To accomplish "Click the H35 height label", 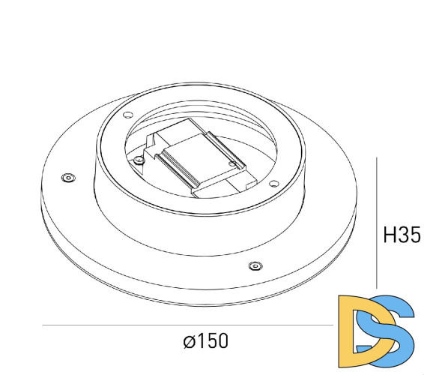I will click(401, 235).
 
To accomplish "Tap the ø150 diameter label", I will click(205, 341).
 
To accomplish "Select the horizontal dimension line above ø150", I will click(187, 325).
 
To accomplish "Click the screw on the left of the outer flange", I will click(68, 177).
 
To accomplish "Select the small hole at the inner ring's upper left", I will click(127, 114).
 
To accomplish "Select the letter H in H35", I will click(388, 235).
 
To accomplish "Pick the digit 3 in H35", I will click(402, 235).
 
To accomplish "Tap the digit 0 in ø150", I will click(222, 341).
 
